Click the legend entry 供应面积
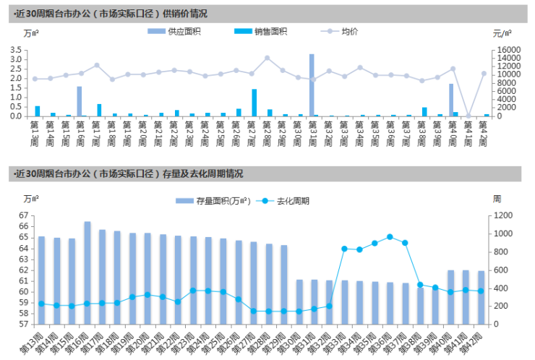183,31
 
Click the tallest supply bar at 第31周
312,85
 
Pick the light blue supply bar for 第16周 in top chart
79,101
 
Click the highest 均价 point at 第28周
267,58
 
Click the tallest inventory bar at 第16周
87,273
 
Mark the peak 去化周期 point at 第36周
390,237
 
